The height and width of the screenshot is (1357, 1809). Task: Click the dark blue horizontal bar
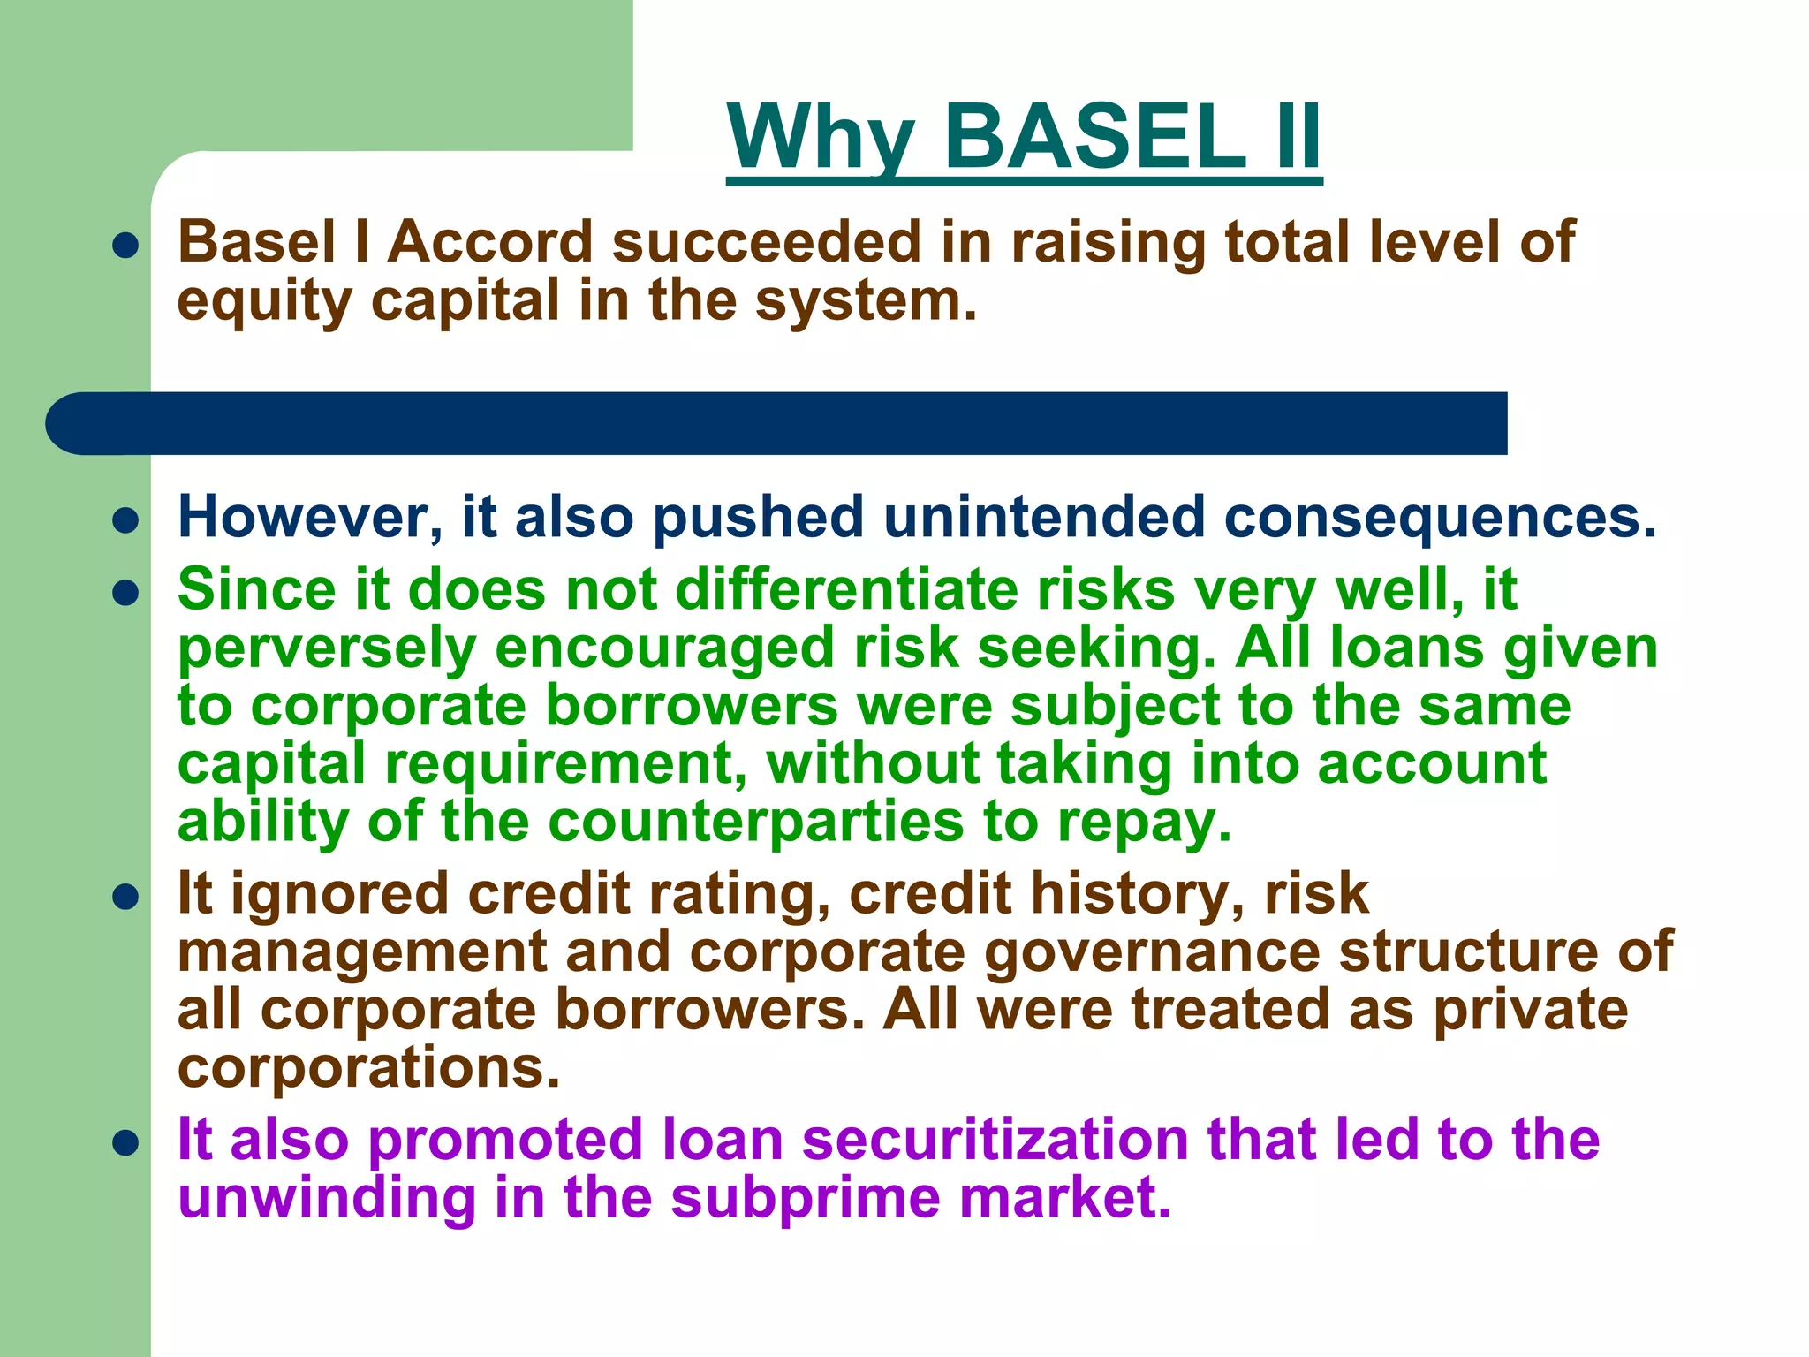tap(777, 423)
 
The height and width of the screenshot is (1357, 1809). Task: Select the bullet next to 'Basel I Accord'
tap(126, 245)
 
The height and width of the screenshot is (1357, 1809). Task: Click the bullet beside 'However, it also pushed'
tap(126, 520)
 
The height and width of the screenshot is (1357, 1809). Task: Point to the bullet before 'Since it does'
tap(126, 592)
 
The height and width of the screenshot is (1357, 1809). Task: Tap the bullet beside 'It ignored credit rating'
tap(126, 898)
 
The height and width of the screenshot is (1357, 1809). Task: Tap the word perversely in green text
tap(326, 649)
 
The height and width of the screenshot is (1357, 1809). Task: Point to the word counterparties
tap(755, 823)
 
